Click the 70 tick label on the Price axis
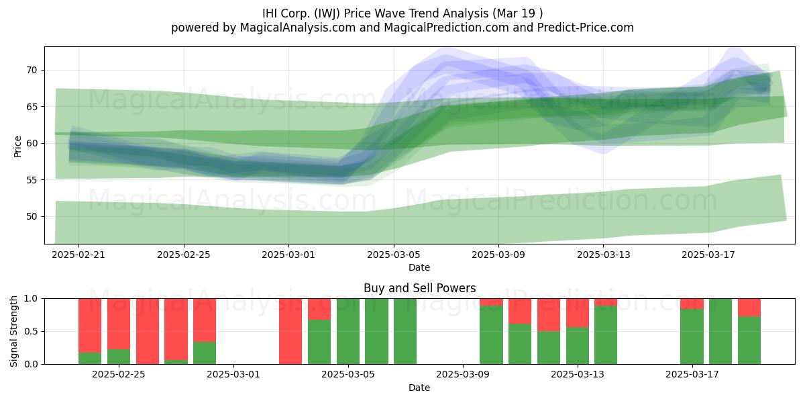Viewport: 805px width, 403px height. point(32,70)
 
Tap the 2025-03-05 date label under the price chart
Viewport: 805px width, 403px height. point(394,255)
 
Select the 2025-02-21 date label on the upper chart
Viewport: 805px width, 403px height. point(78,255)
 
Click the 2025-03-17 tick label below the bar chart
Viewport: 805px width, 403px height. point(692,375)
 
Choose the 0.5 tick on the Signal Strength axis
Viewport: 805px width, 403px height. point(31,331)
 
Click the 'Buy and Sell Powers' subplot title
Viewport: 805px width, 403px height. point(419,288)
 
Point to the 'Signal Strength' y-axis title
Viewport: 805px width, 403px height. point(13,331)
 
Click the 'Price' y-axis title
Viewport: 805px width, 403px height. point(17,146)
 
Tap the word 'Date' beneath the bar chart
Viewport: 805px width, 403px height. point(419,388)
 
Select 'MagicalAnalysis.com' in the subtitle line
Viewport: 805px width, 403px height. point(298,28)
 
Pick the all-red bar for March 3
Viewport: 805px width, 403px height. point(290,331)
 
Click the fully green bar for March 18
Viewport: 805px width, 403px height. point(720,331)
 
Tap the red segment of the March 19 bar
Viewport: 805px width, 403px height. point(749,308)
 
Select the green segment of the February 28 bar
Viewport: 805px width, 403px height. point(205,353)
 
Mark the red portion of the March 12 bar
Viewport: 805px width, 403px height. point(549,315)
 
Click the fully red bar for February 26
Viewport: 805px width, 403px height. point(148,331)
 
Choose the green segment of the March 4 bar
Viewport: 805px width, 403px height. point(319,342)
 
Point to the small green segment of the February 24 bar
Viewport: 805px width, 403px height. point(90,359)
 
